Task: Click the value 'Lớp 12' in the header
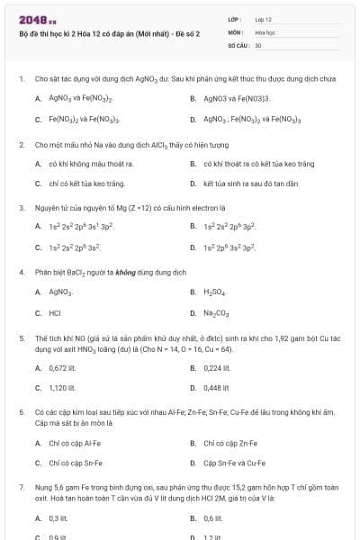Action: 263,19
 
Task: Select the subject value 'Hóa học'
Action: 265,31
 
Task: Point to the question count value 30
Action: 258,44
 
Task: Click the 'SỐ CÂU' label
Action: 238,44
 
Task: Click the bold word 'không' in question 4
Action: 123,272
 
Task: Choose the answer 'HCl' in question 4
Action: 56,313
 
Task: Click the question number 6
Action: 21,411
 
